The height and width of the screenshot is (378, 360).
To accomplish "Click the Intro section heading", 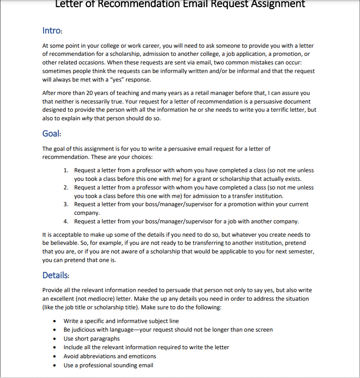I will tap(52, 30).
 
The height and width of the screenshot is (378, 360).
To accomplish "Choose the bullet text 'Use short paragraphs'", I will tap(92, 338).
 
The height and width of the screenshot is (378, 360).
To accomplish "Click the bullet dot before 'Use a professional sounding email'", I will tap(54, 366).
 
